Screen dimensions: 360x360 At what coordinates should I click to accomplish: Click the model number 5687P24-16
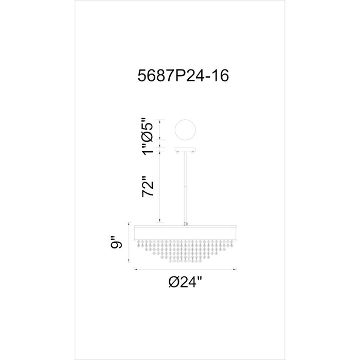click(183, 76)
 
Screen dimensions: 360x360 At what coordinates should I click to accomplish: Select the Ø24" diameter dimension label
click(185, 282)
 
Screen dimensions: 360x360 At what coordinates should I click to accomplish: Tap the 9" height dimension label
click(116, 242)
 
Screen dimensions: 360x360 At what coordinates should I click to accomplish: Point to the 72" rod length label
click(148, 186)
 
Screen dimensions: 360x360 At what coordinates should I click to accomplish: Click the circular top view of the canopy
click(185, 130)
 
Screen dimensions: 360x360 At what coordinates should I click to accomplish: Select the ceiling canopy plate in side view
click(185, 149)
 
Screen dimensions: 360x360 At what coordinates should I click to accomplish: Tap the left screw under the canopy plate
click(178, 152)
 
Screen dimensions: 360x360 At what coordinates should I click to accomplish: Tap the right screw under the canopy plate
click(193, 152)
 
